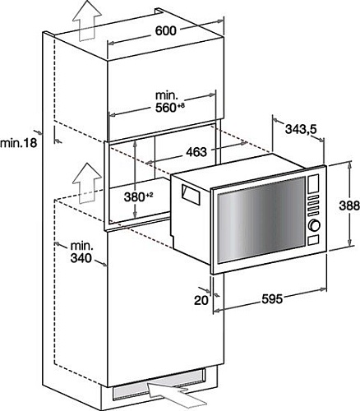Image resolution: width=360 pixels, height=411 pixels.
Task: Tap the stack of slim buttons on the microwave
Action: (312, 203)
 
